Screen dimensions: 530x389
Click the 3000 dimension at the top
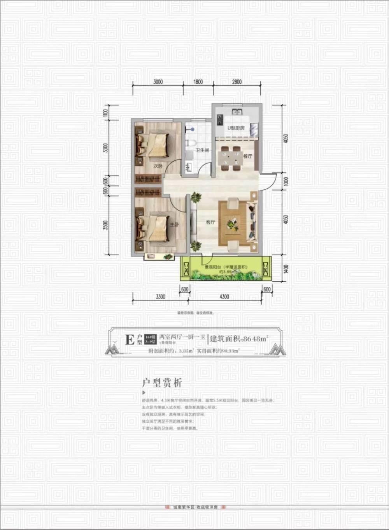tap(158, 82)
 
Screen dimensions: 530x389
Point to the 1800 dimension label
tap(198, 82)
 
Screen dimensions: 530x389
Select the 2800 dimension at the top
tap(237, 82)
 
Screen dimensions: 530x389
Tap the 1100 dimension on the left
tap(105, 113)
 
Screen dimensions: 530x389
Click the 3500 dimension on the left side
tap(105, 225)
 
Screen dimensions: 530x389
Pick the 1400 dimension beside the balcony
tap(286, 269)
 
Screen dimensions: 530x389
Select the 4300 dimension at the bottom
tap(224, 297)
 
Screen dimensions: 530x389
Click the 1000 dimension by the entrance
tap(286, 181)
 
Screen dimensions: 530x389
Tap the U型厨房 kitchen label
tap(236, 128)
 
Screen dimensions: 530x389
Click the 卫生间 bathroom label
tap(202, 150)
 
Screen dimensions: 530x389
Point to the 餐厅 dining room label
tap(248, 156)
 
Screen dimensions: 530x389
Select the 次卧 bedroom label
tap(158, 166)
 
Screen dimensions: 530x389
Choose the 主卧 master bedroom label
tap(174, 224)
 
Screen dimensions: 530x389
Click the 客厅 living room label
tap(210, 222)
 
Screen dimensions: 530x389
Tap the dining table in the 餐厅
tap(231, 158)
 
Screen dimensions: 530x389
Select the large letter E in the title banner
tap(130, 340)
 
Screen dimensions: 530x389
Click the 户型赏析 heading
tap(162, 383)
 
